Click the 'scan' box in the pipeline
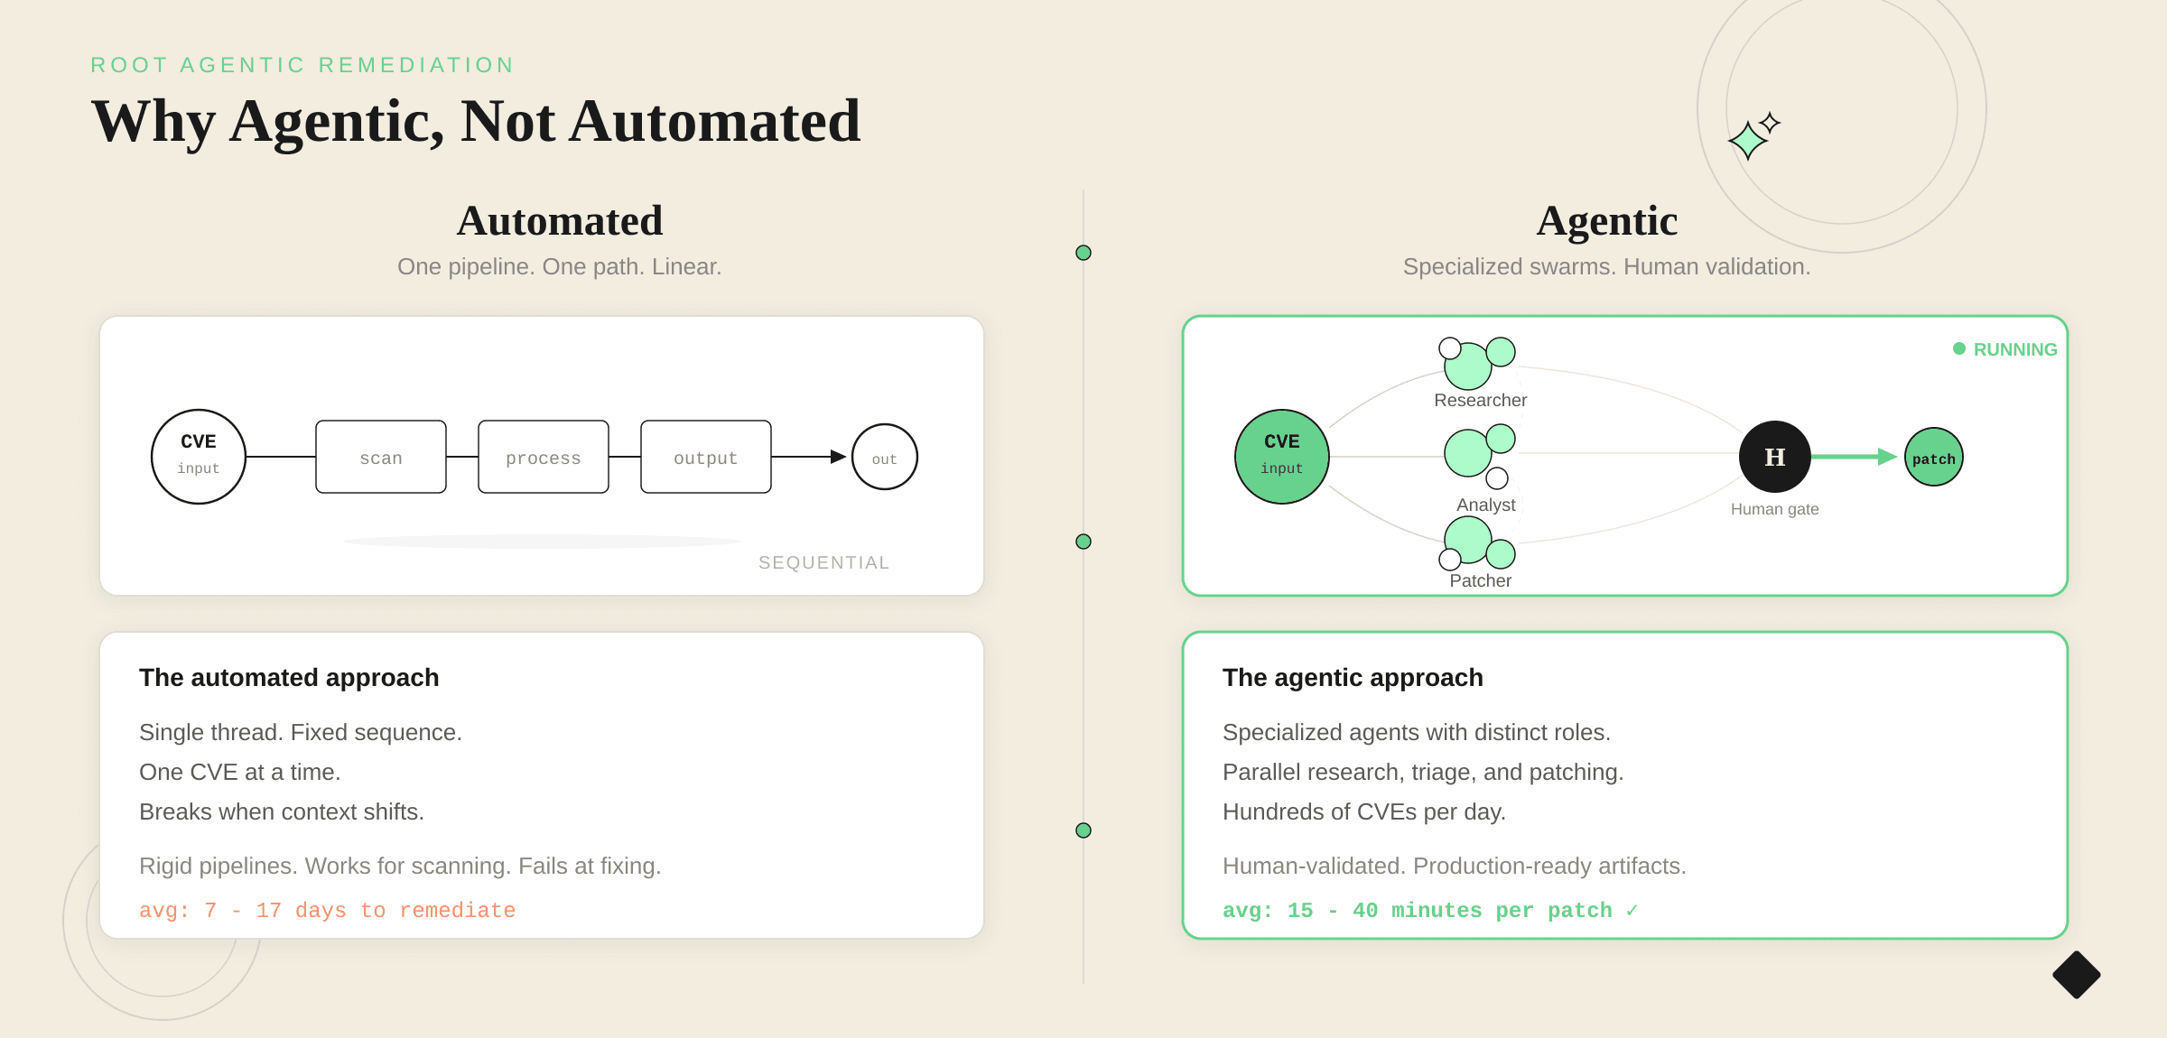point(381,457)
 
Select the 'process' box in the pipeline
point(544,457)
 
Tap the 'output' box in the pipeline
point(706,457)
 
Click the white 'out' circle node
point(885,457)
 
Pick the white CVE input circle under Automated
point(199,457)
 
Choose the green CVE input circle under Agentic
point(1282,457)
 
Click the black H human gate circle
point(1775,457)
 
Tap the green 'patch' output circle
point(1934,457)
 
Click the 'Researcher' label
point(1481,400)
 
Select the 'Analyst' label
point(1486,505)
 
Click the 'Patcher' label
point(1481,580)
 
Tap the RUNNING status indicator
point(2005,349)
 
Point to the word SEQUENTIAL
point(823,562)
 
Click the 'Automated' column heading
point(560,221)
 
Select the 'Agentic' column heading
point(1607,221)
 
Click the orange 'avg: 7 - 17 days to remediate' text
point(327,910)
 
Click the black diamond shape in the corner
point(2077,975)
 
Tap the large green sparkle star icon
point(1748,141)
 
